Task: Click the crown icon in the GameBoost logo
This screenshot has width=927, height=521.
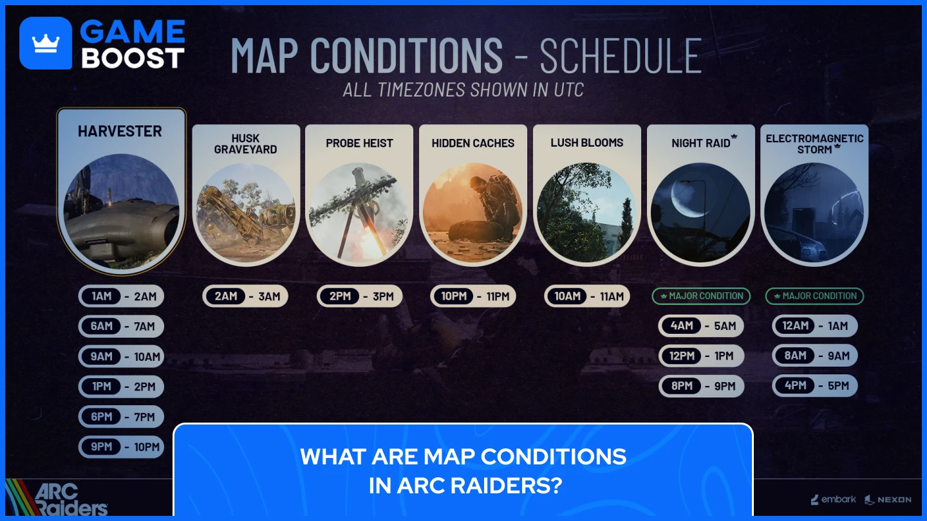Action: point(46,43)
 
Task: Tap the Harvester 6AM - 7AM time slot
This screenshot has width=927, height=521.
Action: point(122,326)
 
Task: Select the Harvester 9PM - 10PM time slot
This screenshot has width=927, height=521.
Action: point(122,447)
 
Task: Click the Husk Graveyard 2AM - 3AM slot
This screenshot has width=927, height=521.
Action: point(245,297)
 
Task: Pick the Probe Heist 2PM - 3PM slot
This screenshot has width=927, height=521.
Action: point(360,297)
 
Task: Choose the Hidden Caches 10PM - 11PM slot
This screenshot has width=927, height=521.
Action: point(473,297)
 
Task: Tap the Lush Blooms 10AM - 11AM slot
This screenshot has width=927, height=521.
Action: point(587,297)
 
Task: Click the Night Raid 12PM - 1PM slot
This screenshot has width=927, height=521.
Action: point(701,356)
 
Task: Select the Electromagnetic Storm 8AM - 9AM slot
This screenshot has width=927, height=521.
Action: point(815,356)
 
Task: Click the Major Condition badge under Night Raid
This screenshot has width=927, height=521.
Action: point(701,296)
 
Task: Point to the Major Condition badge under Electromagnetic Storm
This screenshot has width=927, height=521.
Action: point(814,296)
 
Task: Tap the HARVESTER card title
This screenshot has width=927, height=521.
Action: point(120,131)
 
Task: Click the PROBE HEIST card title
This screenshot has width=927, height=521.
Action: point(359,143)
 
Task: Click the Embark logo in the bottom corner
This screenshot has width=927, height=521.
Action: point(834,499)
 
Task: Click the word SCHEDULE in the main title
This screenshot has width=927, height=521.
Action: point(621,56)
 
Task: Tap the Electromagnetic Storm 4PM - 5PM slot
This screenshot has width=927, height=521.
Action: point(815,386)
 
